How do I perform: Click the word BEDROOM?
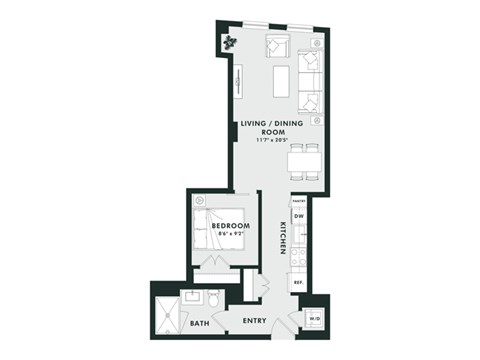tap(230, 227)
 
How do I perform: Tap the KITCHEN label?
tap(284, 238)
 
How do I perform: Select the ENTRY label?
tap(256, 321)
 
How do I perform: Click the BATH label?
tap(200, 322)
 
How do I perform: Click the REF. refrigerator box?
tap(298, 283)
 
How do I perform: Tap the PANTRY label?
tap(297, 201)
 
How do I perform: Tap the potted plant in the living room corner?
tap(230, 41)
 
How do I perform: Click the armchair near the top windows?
tap(276, 47)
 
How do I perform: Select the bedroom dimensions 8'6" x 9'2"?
tap(229, 237)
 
